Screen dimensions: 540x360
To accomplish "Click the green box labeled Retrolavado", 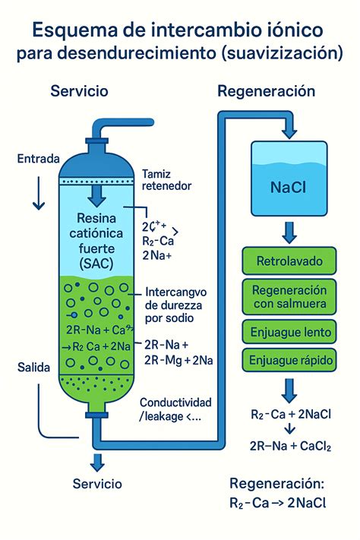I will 289,262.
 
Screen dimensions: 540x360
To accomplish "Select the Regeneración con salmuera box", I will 289,298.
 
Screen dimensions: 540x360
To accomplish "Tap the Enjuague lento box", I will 289,332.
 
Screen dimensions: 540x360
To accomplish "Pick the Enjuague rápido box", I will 289,360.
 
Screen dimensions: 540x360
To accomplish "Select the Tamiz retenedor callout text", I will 168,179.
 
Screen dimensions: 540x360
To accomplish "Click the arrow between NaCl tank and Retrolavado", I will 289,232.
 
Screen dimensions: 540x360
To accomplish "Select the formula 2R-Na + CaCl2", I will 292,447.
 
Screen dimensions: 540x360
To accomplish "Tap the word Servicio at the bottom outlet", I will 96,483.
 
